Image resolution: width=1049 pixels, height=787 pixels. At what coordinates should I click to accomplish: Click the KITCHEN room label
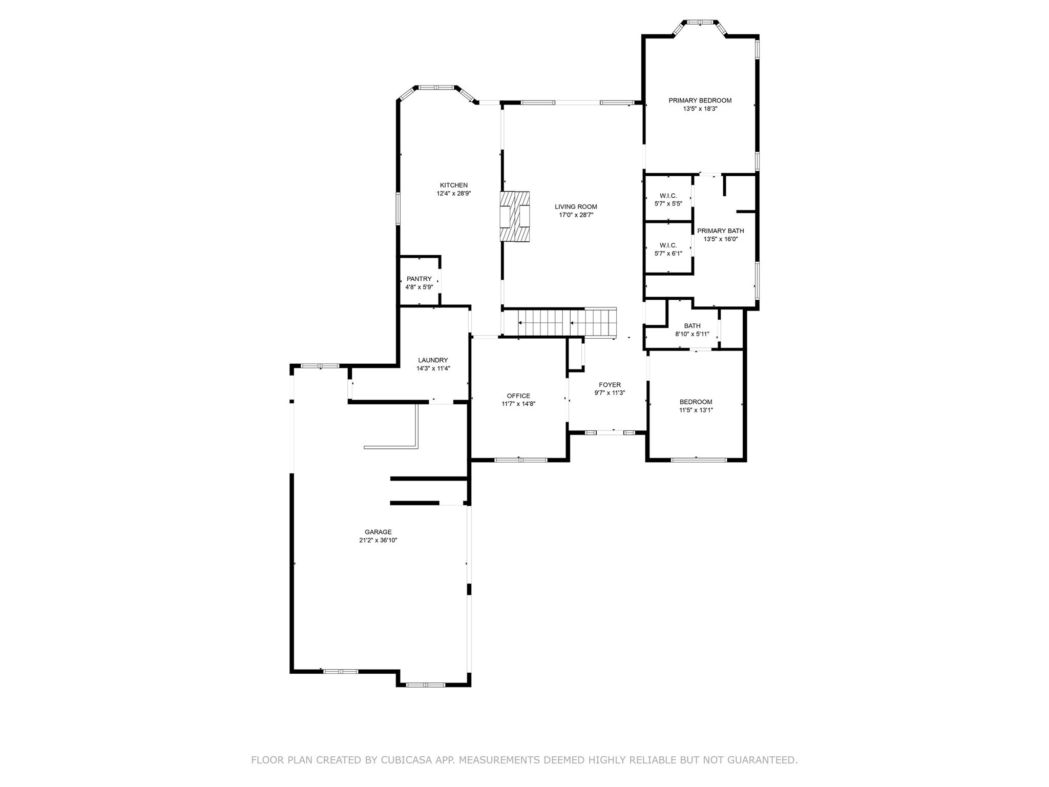click(x=453, y=185)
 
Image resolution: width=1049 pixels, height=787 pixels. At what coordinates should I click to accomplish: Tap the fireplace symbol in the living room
click(x=515, y=216)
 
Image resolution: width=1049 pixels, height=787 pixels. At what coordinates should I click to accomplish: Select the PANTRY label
click(x=419, y=279)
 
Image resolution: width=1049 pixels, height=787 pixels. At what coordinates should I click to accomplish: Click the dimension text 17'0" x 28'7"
click(x=576, y=215)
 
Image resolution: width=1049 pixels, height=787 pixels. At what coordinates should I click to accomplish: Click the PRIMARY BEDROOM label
click(x=700, y=100)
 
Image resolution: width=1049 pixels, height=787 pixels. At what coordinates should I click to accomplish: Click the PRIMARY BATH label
click(x=720, y=231)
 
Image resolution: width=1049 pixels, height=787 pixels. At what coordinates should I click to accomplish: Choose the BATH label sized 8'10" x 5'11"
click(x=692, y=326)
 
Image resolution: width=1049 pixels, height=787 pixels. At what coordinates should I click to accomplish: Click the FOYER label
click(x=610, y=385)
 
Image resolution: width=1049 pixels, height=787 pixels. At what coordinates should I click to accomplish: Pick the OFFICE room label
click(x=518, y=396)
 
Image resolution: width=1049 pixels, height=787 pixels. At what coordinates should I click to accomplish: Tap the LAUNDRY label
click(x=433, y=360)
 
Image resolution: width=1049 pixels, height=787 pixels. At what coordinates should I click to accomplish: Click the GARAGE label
click(x=378, y=532)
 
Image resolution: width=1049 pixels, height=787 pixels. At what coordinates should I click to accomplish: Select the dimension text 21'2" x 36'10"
click(x=378, y=540)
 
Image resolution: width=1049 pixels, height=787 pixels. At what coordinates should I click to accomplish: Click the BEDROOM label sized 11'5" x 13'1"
click(x=696, y=402)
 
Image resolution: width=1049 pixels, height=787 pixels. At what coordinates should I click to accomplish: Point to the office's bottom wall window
click(x=520, y=460)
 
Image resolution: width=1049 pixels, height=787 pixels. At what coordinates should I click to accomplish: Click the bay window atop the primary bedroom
click(x=700, y=23)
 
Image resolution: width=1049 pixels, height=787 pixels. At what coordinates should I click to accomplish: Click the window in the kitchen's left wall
click(x=398, y=209)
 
